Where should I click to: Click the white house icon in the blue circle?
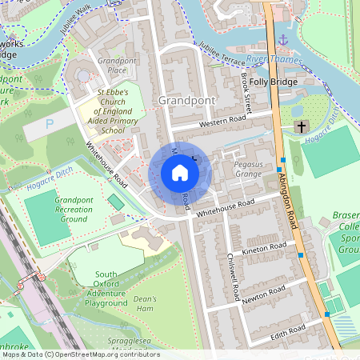click(x=180, y=173)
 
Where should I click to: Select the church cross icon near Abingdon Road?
click(x=302, y=127)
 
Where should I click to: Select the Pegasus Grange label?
click(x=248, y=169)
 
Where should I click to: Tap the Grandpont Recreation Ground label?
click(x=74, y=209)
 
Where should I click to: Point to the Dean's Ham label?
click(x=145, y=303)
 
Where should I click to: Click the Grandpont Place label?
click(x=112, y=66)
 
